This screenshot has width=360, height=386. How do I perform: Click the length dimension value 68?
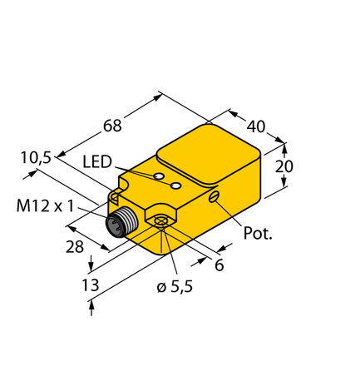click(x=111, y=126)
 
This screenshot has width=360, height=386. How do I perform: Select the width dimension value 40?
click(x=255, y=126)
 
